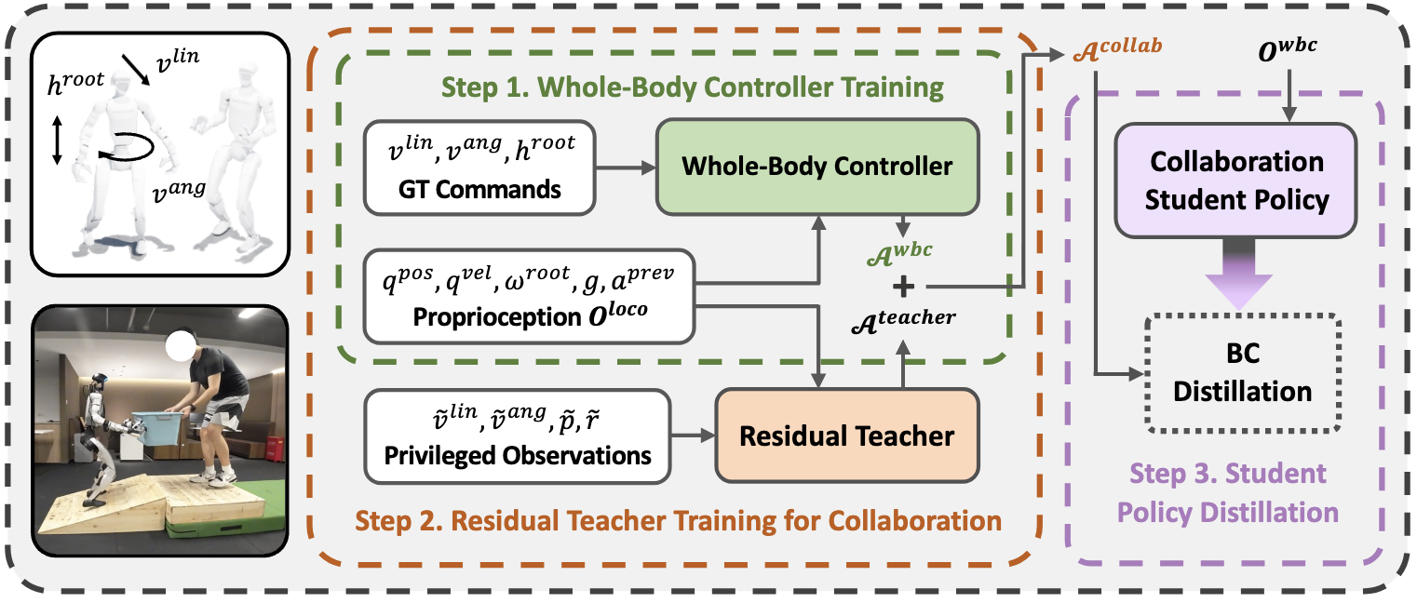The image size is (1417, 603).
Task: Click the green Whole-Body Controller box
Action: (x=817, y=167)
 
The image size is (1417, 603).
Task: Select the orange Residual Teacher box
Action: (x=847, y=435)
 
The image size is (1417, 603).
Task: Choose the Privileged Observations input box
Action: (x=519, y=435)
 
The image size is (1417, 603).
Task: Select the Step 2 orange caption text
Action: (x=678, y=519)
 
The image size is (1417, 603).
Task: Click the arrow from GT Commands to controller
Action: (x=626, y=167)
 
